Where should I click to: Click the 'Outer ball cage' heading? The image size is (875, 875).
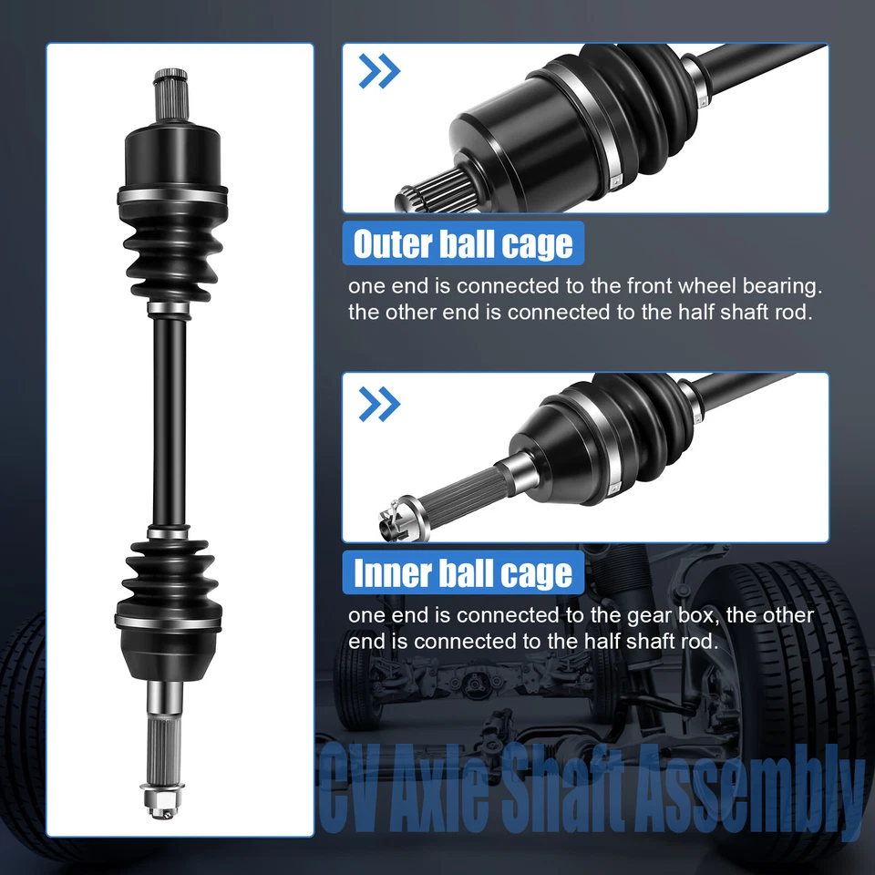(x=463, y=244)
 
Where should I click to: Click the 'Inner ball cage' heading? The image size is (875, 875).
(x=463, y=573)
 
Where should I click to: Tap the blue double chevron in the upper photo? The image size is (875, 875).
(x=379, y=72)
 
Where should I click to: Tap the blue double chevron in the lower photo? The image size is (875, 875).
(x=379, y=402)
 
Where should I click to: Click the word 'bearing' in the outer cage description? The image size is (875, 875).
(x=778, y=286)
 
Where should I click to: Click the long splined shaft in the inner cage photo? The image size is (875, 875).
(x=465, y=485)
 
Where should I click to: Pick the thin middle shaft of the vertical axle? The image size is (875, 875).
(x=170, y=419)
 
